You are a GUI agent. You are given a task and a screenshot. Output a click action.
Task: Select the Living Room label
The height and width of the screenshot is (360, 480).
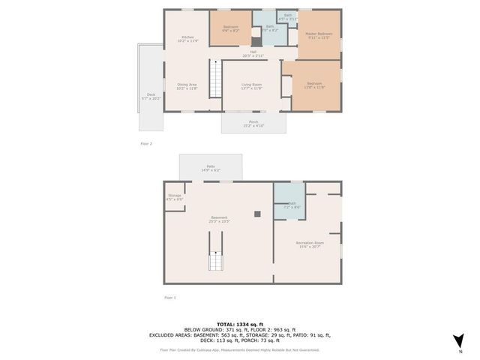tap(251, 85)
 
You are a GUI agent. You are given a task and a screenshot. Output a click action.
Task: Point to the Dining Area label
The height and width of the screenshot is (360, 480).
tap(187, 85)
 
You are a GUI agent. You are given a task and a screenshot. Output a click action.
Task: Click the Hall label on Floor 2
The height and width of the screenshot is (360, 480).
tap(253, 53)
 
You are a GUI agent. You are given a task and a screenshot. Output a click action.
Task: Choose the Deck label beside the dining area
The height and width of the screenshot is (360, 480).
tap(151, 96)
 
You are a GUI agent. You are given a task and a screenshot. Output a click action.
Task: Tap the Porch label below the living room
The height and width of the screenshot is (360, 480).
tap(253, 123)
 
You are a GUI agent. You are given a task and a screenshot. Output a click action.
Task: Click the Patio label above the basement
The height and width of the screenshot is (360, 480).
tap(210, 168)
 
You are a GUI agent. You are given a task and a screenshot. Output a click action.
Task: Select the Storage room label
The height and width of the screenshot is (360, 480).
tap(174, 197)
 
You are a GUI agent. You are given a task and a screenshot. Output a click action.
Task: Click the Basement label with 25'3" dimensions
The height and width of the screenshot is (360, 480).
tap(218, 219)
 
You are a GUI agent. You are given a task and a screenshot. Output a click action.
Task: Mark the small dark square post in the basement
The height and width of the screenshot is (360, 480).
tap(257, 214)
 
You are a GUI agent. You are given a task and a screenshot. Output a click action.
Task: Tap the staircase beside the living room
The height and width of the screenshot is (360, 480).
tap(214, 79)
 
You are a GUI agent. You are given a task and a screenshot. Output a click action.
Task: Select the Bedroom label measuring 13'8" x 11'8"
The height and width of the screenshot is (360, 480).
tap(313, 85)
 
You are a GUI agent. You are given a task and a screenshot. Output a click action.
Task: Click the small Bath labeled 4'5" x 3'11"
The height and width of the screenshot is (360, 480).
tap(288, 16)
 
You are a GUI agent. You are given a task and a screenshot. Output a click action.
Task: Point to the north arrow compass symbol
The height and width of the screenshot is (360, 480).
tap(460, 343)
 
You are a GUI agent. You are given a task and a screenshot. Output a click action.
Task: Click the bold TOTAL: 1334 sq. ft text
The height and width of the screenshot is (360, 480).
tap(239, 323)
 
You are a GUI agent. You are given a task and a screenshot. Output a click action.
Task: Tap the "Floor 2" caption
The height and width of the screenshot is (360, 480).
tap(146, 143)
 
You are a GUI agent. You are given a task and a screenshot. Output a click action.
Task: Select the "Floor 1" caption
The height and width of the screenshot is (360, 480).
tap(170, 298)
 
